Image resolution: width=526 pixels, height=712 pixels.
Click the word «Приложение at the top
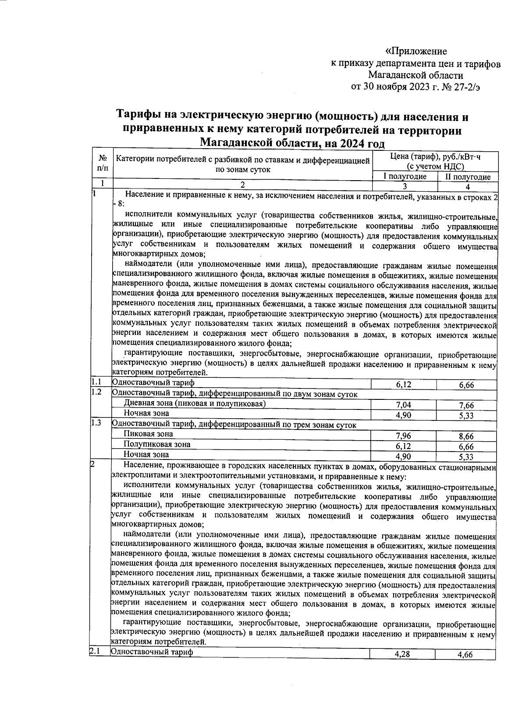pos(416,51)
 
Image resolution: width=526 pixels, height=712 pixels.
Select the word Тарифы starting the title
pos(139,117)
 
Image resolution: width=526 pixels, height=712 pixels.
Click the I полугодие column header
pos(405,177)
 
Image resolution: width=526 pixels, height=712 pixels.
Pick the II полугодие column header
pos(468,177)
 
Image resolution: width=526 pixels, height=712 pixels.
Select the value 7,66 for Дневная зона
pos(466,405)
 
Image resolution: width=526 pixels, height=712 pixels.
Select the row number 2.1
pos(95,651)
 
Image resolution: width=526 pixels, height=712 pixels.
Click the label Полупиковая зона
pos(157,444)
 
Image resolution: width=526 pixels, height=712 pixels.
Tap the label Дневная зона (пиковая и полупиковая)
pos(195,403)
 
